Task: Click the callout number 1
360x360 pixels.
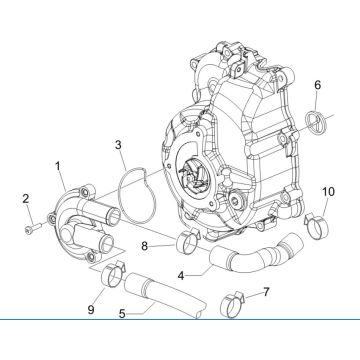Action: pos(58,164)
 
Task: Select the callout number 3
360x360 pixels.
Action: pos(119,145)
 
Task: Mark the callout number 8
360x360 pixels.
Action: pos(146,244)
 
